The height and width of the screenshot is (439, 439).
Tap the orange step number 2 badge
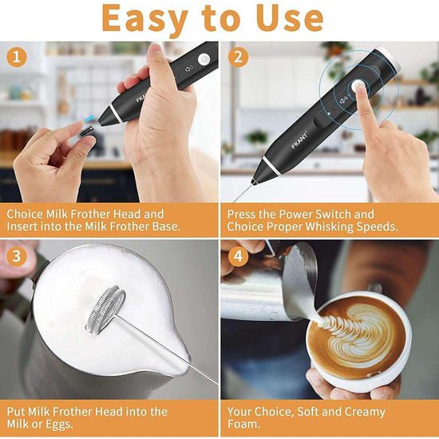238,57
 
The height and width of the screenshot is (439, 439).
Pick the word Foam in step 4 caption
247,425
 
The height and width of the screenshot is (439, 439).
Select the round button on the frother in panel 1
204,59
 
